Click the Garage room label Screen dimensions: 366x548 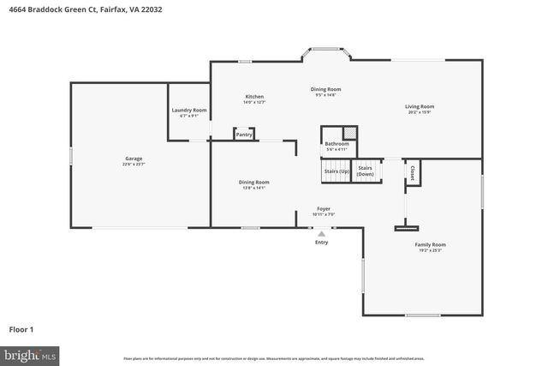[133, 159]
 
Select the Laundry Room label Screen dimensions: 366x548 [188, 110]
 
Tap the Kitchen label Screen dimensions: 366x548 [254, 96]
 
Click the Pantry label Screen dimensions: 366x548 [244, 135]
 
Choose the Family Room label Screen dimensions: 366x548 [431, 244]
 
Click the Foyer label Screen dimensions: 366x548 [324, 208]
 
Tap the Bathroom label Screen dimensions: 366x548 [337, 143]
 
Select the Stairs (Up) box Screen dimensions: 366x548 [337, 171]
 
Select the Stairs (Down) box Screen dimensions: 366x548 [366, 171]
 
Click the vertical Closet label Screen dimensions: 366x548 [413, 172]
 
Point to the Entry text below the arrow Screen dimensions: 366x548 [321, 243]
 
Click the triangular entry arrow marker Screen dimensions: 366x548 [321, 233]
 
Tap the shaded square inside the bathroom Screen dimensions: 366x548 [348, 132]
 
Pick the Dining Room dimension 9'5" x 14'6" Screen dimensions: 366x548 [326, 95]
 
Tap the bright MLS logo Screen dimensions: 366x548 [30, 354]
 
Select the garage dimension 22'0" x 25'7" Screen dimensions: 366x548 [133, 165]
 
